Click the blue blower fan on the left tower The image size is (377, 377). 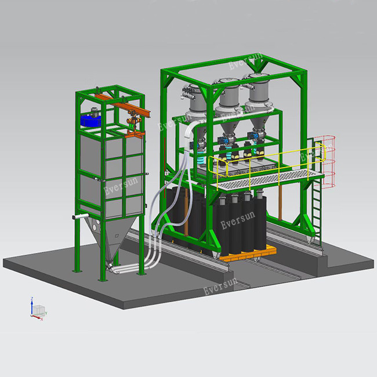tap(90, 120)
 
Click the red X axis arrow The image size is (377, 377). tap(37, 317)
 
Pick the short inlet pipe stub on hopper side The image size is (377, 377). tap(80, 217)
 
